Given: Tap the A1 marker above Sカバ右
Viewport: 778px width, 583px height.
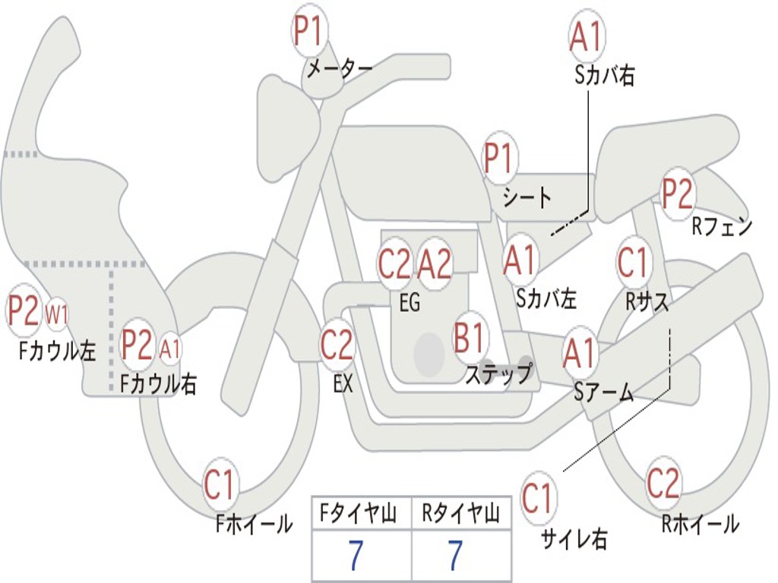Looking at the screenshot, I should click(587, 36).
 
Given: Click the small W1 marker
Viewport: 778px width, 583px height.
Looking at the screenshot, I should click(58, 312).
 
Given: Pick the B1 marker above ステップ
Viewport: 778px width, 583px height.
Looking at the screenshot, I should click(470, 338).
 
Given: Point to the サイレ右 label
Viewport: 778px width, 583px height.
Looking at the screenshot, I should click(574, 539).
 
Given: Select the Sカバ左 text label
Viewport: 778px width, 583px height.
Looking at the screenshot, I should click(546, 298).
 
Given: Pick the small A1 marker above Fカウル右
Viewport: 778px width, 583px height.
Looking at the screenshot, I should click(170, 348).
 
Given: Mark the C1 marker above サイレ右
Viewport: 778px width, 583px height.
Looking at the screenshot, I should click(539, 499).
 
